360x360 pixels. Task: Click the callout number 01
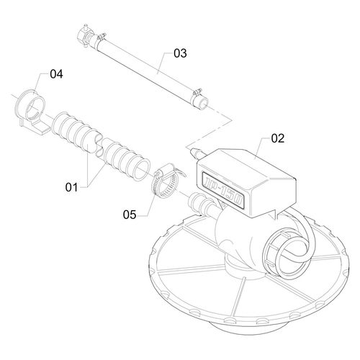point(72,187)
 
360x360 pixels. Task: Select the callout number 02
point(278,138)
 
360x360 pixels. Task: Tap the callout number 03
point(180,53)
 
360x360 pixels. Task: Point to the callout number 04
point(56,74)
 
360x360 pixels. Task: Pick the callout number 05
point(130,215)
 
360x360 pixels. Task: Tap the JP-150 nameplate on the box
point(222,189)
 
